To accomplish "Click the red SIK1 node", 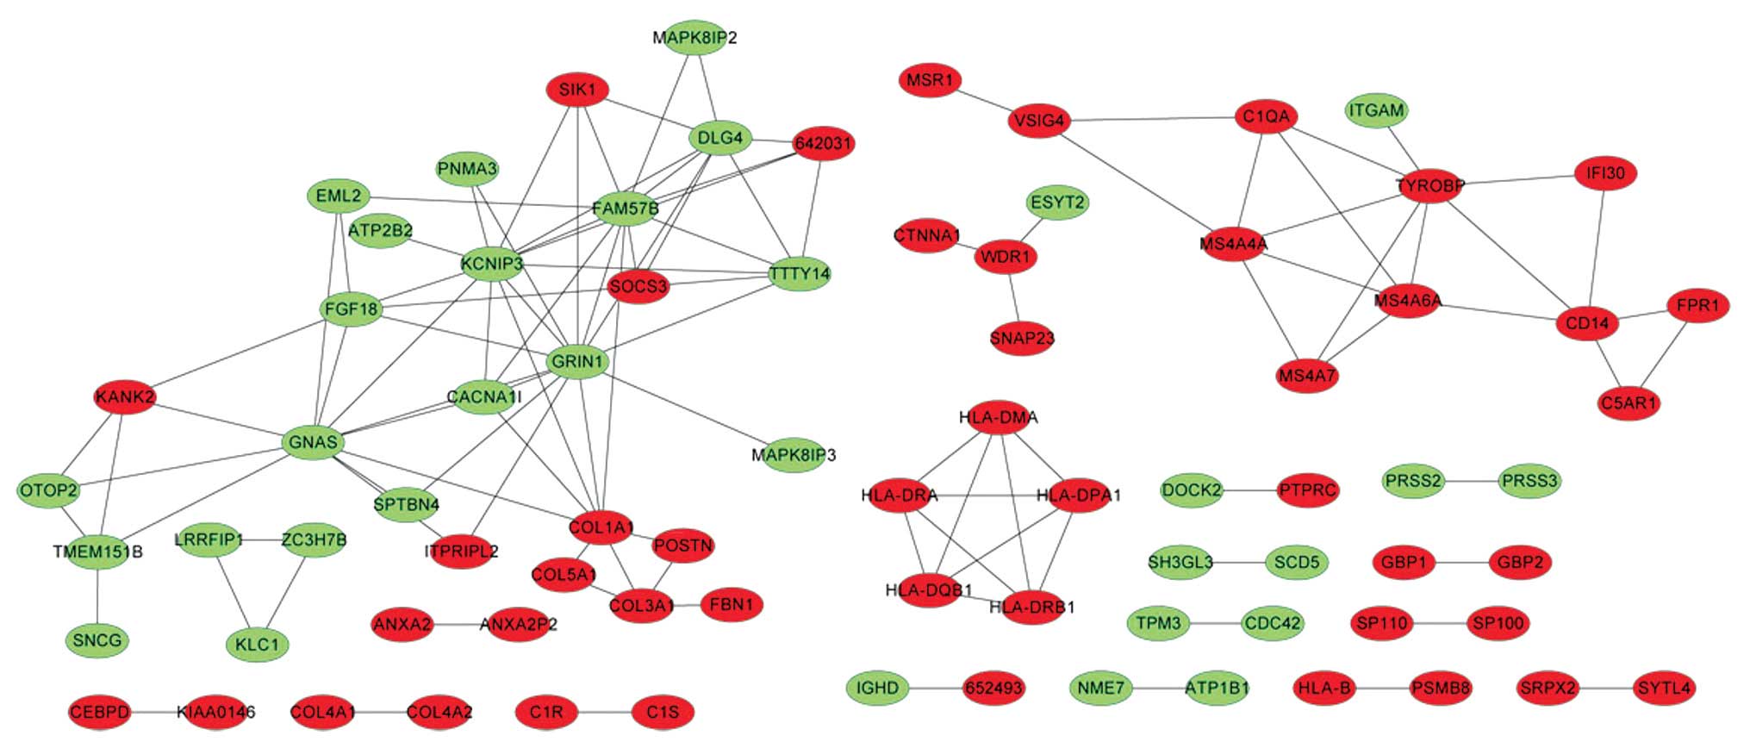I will [x=577, y=90].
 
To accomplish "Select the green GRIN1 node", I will [x=577, y=362].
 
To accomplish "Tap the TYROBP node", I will [x=1429, y=185].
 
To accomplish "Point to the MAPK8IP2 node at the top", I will [x=694, y=38].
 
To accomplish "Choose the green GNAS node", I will [x=313, y=443].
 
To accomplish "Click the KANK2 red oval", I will [x=125, y=397].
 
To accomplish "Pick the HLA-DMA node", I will [x=999, y=418].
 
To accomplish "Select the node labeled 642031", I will [x=824, y=143].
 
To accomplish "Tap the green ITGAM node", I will [x=1376, y=110].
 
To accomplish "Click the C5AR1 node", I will [x=1628, y=403].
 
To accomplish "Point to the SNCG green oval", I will [x=97, y=640].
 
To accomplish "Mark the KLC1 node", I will [x=257, y=645].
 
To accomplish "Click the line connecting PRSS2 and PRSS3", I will [x=1472, y=481].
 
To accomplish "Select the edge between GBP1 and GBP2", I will [x=1461, y=563].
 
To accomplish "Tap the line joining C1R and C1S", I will [x=604, y=713].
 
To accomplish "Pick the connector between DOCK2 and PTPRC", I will [x=1250, y=491].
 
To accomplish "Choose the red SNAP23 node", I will [x=1022, y=339].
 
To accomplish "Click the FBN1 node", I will [x=732, y=605].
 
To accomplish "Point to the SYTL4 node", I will [x=1664, y=688].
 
